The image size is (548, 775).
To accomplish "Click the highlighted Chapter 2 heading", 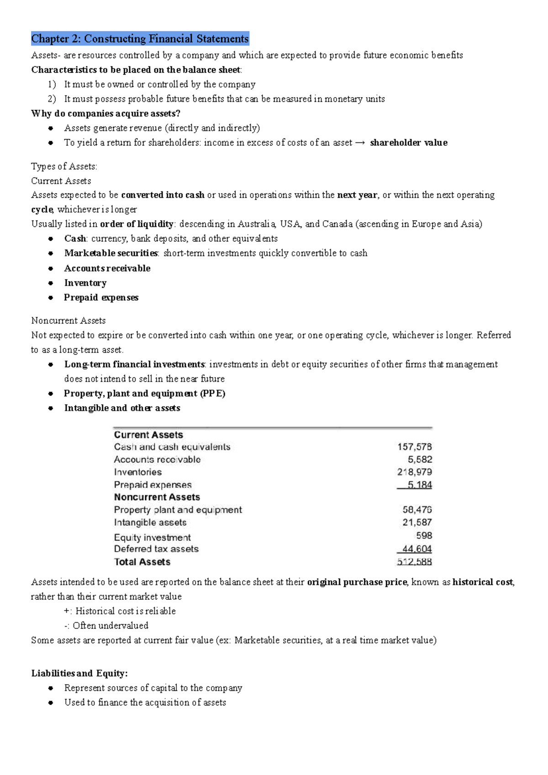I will point(140,39).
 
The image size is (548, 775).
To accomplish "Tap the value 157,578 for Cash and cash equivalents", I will point(414,447).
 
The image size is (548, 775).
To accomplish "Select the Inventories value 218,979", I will point(414,472).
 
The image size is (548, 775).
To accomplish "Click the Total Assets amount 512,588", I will point(414,562).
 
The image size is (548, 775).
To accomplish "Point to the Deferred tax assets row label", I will point(156,549).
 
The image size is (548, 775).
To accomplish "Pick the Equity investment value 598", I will point(424,535).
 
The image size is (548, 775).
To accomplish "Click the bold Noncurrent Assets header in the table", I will point(157,497).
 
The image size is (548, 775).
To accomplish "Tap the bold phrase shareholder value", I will point(408,142).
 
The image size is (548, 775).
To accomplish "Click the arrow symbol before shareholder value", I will point(360,143).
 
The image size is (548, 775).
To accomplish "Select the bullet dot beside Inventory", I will point(51,283).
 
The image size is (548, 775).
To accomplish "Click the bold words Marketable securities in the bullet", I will point(111,253).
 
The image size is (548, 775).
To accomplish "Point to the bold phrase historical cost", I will point(483,582).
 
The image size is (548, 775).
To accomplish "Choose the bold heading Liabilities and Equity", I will point(79,673).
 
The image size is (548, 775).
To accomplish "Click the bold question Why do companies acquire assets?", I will point(106,113).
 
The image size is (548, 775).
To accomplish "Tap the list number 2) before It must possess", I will point(52,99).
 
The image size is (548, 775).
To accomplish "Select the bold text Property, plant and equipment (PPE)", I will point(144,393).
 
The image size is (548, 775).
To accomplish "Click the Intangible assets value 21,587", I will point(417,522).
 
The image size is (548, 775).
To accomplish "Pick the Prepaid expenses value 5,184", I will point(419,485).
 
